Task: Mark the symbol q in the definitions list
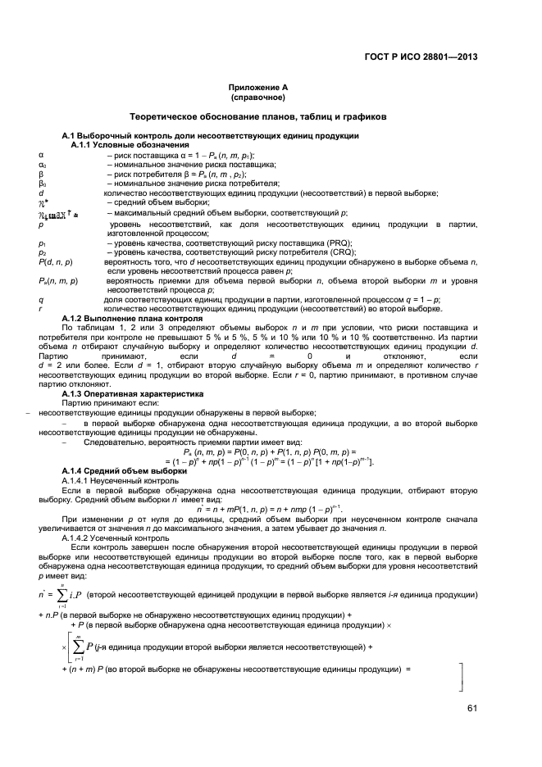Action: point(40,299)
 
